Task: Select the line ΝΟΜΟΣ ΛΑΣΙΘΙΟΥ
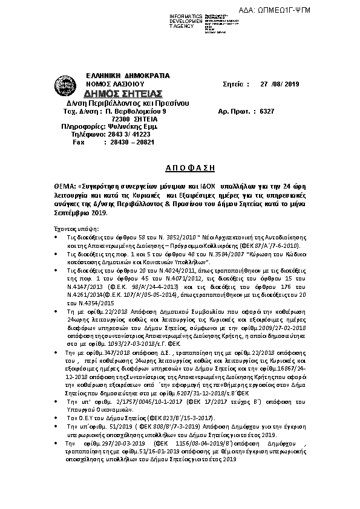coord(115,83)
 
